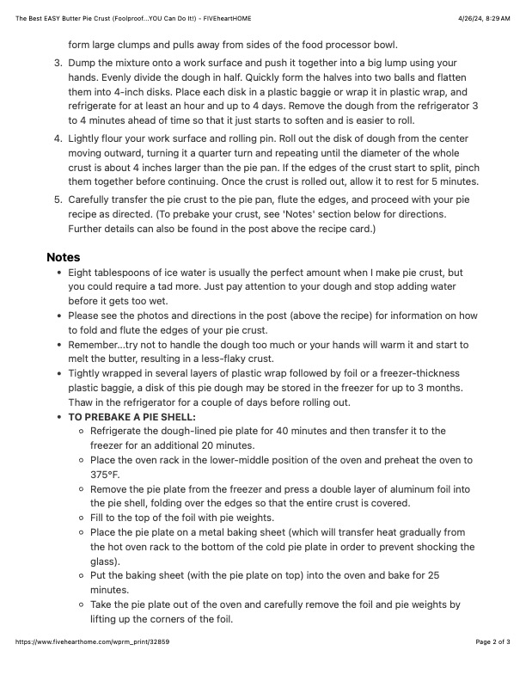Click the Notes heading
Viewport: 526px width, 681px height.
tap(63, 256)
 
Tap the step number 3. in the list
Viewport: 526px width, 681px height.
tap(58, 64)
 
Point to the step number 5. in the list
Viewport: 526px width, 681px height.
tap(58, 199)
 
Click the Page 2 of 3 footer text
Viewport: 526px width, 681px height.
tap(492, 666)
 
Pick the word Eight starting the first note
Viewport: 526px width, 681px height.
tap(83, 272)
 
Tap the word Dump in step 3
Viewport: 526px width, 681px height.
tap(83, 64)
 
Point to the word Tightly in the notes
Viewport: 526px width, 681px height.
tap(86, 373)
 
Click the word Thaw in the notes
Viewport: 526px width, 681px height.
tap(83, 402)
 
